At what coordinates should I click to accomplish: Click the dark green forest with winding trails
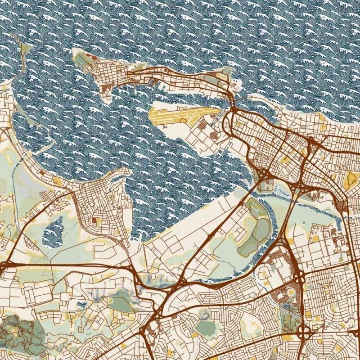coord(18,333)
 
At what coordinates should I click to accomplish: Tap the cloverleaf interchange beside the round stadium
coord(304,333)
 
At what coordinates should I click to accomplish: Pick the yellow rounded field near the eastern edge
coord(351,180)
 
